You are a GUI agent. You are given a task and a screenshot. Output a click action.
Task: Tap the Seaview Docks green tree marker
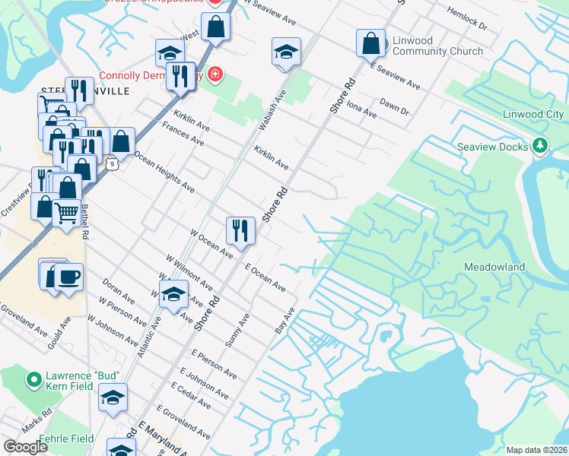pyautogui.click(x=540, y=144)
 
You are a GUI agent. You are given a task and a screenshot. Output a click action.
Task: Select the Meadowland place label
pyautogui.click(x=495, y=268)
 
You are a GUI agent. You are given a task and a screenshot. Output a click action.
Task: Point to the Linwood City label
pyautogui.click(x=533, y=115)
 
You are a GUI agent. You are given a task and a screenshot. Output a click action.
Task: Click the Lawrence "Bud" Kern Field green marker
pyautogui.click(x=34, y=378)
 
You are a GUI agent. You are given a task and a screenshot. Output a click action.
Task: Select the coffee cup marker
pyautogui.click(x=68, y=278)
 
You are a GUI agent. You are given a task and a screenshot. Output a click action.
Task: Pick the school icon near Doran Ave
pyautogui.click(x=173, y=295)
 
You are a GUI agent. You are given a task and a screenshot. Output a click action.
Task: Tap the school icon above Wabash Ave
pyautogui.click(x=286, y=52)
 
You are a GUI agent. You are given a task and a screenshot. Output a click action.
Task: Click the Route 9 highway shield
pyautogui.click(x=112, y=163)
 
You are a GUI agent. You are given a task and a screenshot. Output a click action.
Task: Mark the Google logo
pyautogui.click(x=25, y=447)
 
